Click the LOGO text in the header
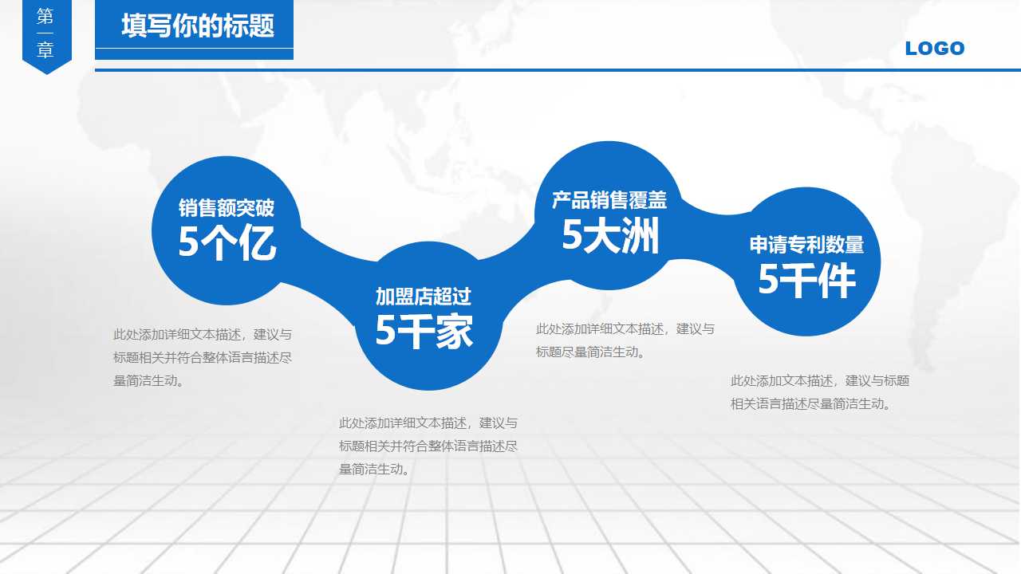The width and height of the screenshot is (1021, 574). (x=935, y=49)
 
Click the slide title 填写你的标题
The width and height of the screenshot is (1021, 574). (x=198, y=26)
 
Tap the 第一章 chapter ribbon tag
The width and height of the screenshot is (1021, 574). (x=46, y=34)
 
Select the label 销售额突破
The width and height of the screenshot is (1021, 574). (x=227, y=208)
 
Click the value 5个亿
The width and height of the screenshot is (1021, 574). (x=227, y=243)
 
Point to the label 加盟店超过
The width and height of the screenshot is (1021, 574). (x=424, y=297)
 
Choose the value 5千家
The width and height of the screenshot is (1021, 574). (x=424, y=331)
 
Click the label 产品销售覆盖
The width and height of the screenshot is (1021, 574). (x=609, y=200)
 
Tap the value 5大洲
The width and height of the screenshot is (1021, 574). (x=610, y=235)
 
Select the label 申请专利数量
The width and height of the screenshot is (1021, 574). (x=806, y=245)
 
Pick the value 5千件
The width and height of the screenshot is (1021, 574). (x=806, y=280)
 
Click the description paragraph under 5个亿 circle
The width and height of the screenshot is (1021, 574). (x=203, y=357)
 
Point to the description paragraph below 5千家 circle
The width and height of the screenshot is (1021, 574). (x=428, y=446)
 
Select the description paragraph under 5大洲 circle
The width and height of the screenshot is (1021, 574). (x=625, y=340)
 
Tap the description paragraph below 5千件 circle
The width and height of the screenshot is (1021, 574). (x=820, y=392)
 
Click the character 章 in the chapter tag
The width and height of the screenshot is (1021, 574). (x=46, y=51)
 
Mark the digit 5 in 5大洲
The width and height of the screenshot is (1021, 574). (x=573, y=236)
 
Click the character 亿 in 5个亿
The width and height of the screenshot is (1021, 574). (x=258, y=244)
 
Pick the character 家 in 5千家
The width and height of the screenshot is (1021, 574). (x=454, y=332)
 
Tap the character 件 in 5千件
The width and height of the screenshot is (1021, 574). (x=838, y=281)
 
